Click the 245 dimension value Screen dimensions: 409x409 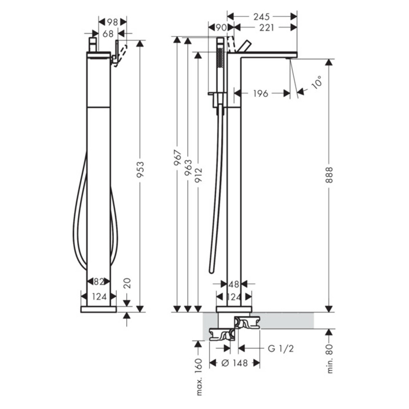[261, 17]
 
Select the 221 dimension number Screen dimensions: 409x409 [266, 27]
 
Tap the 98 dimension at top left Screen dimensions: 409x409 [112, 22]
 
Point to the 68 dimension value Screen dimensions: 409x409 [108, 34]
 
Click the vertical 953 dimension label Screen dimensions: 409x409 [140, 169]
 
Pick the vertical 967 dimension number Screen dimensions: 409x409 [178, 158]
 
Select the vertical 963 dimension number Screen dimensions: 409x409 [188, 167]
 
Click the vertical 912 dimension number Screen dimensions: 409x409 [199, 175]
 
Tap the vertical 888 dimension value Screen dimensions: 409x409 [330, 175]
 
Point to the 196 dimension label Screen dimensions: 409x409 [261, 93]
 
